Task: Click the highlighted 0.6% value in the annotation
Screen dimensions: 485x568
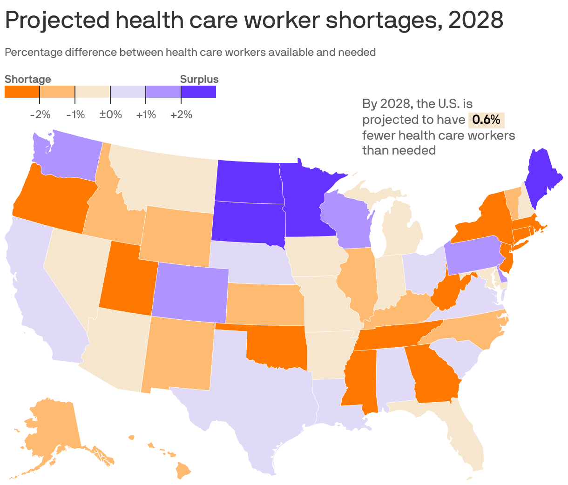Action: coord(486,120)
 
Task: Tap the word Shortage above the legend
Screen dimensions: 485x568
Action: coord(28,80)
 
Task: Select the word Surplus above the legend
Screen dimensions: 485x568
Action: coord(199,80)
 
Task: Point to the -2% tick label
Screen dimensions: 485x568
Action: coord(40,115)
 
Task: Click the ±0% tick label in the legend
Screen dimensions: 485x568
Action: coord(110,115)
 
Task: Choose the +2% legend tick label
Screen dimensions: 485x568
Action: coord(181,115)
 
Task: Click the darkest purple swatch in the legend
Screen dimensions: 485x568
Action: coord(199,92)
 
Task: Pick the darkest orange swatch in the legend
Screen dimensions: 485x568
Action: coord(22,92)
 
